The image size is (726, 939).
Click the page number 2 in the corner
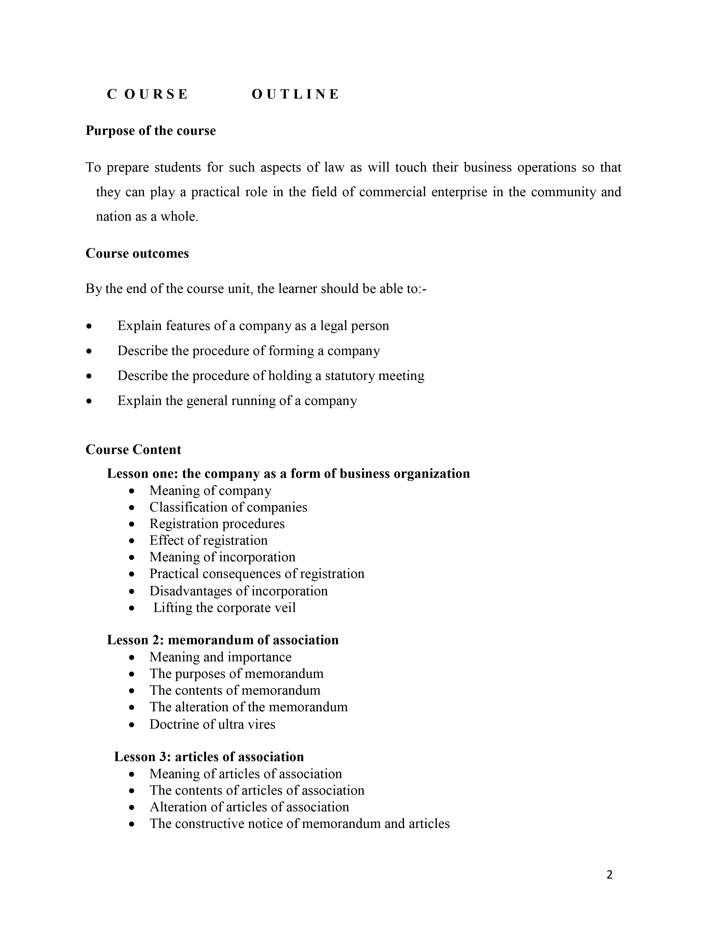tap(609, 875)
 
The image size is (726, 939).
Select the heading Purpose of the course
tap(151, 130)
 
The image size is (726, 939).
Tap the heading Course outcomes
tap(137, 253)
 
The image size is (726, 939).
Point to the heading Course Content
tap(133, 449)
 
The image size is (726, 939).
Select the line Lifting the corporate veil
tap(224, 608)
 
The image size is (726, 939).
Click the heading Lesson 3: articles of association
tap(209, 756)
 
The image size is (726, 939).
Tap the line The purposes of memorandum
tap(236, 673)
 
